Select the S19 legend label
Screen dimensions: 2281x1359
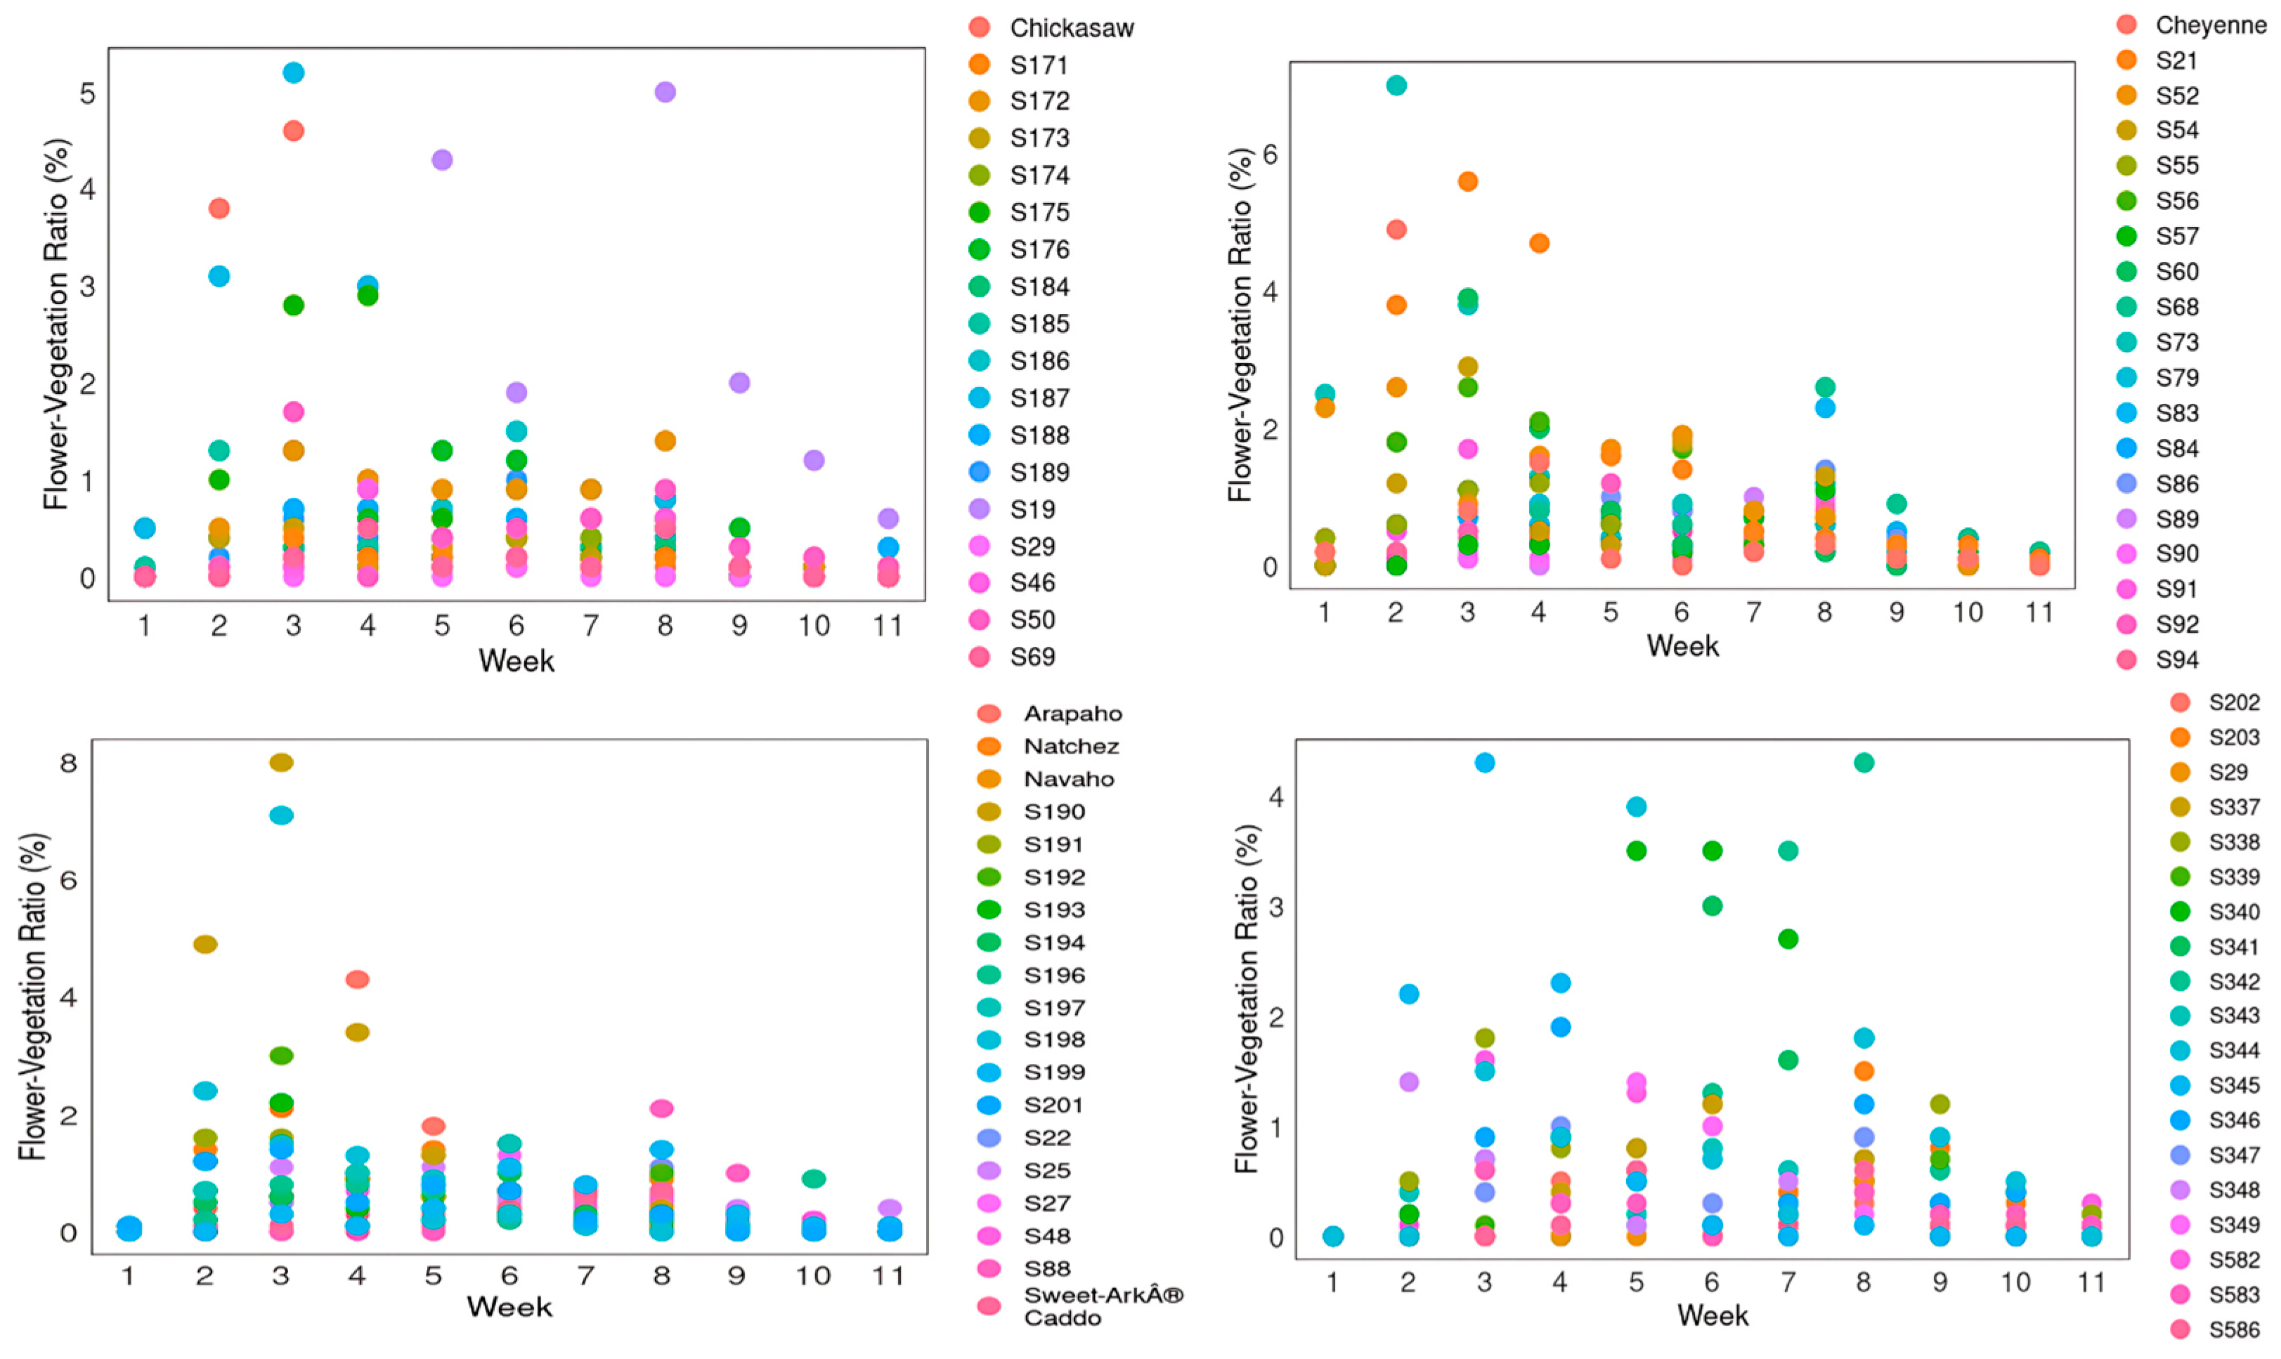1032,509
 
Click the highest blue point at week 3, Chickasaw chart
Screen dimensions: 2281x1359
293,72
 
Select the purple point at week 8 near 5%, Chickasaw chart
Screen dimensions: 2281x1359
665,91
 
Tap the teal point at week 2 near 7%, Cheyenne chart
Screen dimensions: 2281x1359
1396,85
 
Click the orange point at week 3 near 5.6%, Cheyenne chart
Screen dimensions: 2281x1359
1467,181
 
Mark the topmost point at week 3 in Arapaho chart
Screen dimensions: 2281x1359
281,762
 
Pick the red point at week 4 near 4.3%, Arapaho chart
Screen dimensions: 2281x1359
357,979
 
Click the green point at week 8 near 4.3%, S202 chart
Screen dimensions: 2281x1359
1864,762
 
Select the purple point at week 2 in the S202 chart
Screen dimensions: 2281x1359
1409,1082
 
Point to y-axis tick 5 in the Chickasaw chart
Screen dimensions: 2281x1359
87,93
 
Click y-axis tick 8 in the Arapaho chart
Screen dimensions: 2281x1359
69,763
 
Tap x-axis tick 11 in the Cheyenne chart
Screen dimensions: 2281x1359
2039,612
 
